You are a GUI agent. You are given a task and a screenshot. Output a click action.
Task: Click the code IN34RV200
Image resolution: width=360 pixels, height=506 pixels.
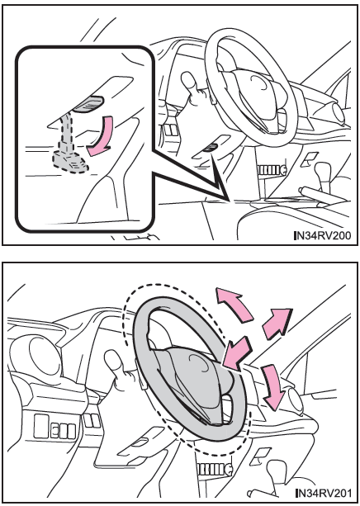tap(323, 235)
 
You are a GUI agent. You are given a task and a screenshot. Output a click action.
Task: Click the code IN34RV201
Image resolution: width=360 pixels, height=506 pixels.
tap(324, 493)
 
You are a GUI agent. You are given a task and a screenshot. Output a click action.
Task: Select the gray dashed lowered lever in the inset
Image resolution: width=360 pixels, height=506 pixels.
tap(69, 144)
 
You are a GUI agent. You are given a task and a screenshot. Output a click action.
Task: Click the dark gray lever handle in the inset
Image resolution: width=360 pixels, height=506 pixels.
tap(88, 103)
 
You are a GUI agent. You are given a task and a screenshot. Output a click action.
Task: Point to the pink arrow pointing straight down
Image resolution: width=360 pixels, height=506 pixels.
tap(273, 388)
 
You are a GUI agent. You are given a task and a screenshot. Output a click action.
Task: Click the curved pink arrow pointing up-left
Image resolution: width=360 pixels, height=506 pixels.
tap(233, 303)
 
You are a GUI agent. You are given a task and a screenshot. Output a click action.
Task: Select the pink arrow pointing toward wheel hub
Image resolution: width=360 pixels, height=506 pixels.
tap(237, 353)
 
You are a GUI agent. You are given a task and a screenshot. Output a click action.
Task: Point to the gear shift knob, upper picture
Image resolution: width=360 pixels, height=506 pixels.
tap(323, 169)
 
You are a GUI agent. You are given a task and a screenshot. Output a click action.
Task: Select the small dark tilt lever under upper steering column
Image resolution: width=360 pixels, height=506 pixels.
tap(211, 147)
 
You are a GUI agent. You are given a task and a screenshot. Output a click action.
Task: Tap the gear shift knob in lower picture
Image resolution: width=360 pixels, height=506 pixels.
tap(277, 469)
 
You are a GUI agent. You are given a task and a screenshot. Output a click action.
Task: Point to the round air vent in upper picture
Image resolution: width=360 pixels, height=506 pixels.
tap(339, 113)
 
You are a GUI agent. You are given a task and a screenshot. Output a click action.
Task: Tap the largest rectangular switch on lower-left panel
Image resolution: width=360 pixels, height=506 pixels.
tap(41, 426)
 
